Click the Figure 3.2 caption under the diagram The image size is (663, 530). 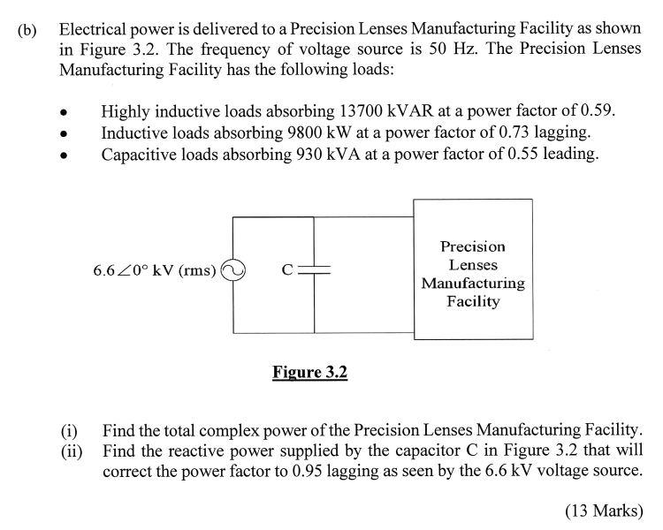point(310,373)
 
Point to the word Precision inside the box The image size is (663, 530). point(472,246)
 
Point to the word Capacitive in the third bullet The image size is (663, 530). point(139,155)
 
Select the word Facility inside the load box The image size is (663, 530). point(473,302)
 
